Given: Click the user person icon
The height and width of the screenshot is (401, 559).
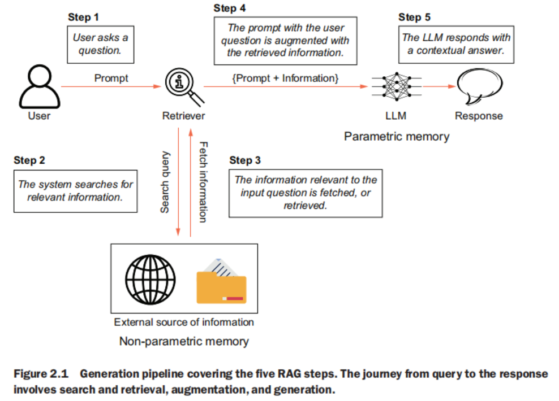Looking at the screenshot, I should point(38,87).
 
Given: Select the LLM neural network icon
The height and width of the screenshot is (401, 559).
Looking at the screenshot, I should point(395,87).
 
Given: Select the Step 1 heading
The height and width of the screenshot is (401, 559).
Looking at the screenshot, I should point(83,17).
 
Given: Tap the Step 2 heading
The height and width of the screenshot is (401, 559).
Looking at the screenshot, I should point(29,160).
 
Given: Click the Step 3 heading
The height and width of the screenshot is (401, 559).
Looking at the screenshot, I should point(245,160).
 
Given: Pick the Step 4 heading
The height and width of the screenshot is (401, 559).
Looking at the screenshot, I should point(229,8).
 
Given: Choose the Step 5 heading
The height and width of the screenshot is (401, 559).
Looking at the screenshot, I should point(414,17).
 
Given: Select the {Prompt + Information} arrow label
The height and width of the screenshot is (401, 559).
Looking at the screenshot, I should point(285,78).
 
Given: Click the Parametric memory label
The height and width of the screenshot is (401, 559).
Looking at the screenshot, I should point(397,136).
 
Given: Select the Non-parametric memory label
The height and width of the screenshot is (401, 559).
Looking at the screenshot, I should point(183,341).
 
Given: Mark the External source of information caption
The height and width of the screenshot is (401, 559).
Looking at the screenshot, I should point(184,322).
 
